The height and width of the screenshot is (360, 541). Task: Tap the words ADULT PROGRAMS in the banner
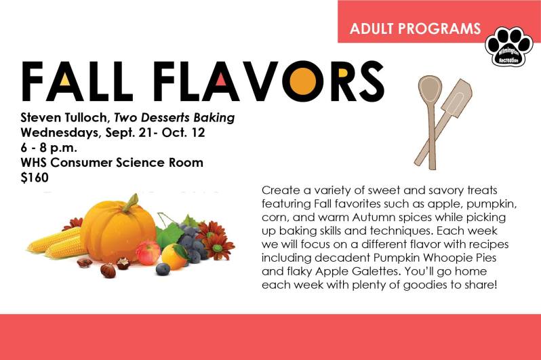[x=415, y=29]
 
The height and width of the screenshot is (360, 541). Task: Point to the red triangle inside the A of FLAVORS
[x=222, y=84]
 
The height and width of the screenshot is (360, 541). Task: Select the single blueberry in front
[x=163, y=269]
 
